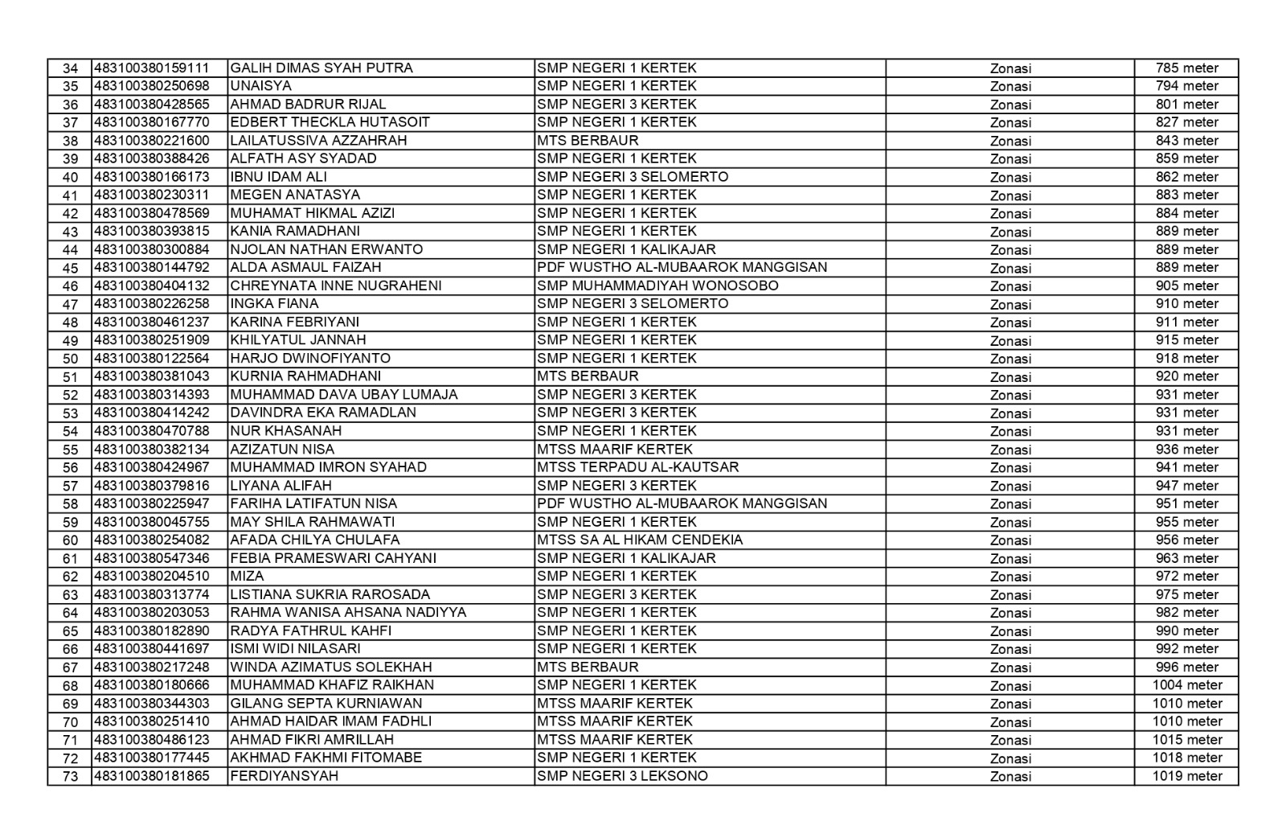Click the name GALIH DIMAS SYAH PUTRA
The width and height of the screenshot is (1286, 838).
tap(321, 68)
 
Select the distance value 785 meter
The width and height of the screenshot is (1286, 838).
tap(1186, 68)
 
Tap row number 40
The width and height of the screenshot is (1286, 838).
tap(70, 178)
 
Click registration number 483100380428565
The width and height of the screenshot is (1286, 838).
tap(152, 105)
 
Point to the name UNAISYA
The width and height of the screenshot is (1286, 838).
tap(261, 86)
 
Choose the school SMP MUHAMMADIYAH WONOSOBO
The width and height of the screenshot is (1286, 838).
tap(657, 285)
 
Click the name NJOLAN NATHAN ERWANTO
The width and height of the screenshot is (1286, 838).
tap(326, 249)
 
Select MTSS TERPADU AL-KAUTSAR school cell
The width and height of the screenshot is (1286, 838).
tap(637, 467)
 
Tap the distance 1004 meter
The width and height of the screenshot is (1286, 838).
tap(1186, 685)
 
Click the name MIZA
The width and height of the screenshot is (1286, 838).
tap(247, 576)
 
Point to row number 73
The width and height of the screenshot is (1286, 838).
tap(70, 777)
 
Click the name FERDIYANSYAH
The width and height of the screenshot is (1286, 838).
tap(284, 776)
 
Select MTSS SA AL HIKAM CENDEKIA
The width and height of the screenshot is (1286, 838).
tap(640, 540)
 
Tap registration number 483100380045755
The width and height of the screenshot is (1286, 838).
tap(152, 522)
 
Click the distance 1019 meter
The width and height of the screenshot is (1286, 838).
tap(1186, 776)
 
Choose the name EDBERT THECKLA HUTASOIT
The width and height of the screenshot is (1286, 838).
tap(330, 122)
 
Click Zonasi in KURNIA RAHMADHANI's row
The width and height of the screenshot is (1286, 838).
tap(1010, 377)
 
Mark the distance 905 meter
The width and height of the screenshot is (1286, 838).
tap(1186, 285)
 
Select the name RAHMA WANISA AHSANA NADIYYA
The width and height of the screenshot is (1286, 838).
tap(348, 612)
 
